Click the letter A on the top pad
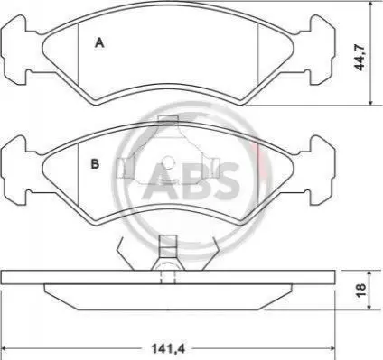click(99, 43)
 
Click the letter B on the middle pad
click(95, 164)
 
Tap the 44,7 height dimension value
click(360, 57)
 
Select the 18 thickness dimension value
click(360, 290)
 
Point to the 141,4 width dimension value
click(167, 349)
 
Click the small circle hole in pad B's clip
click(169, 162)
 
